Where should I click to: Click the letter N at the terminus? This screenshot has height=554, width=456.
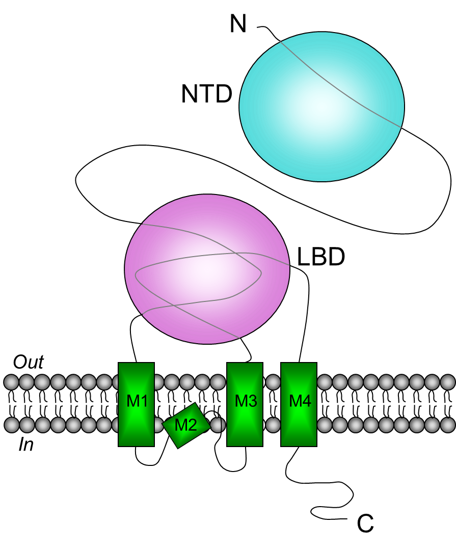(238, 23)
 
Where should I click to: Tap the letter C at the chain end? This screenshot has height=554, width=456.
(365, 523)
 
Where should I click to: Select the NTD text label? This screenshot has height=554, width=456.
(206, 94)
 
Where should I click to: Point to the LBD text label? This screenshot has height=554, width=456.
(321, 258)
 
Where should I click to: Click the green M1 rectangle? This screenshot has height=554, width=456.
(136, 423)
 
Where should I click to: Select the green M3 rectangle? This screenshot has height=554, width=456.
(245, 423)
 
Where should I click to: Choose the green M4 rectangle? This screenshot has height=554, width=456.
(299, 423)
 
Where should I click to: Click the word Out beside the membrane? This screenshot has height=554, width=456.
(29, 363)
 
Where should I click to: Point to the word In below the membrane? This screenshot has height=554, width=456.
(26, 446)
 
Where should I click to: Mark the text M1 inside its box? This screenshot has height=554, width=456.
(137, 401)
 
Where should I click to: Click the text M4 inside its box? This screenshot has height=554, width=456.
(300, 401)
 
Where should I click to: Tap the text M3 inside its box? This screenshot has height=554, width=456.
(246, 401)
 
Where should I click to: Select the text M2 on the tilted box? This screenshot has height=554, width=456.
(185, 425)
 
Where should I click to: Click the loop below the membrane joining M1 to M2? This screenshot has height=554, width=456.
(148, 463)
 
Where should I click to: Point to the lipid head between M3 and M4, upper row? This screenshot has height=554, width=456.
(272, 381)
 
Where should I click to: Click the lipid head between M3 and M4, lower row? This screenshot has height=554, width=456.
(272, 424)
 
